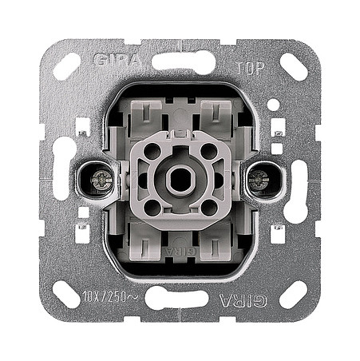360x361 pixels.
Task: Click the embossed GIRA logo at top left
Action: (117, 60)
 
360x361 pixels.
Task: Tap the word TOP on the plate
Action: (250, 67)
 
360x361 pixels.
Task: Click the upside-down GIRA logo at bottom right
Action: (242, 300)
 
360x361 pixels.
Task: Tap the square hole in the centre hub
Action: (176, 180)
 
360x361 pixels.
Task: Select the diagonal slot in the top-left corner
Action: (66, 67)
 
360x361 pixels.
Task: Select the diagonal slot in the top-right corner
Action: (294, 67)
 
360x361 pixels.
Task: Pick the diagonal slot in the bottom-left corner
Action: (66, 294)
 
